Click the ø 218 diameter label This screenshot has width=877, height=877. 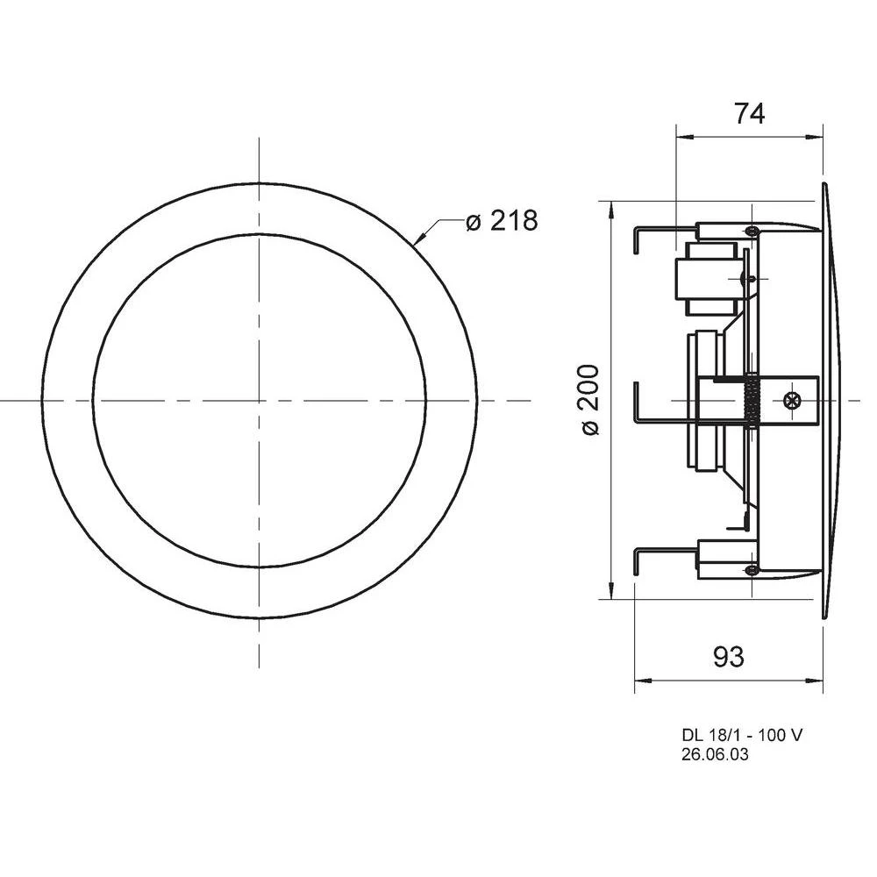502,221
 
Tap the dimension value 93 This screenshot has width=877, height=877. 728,656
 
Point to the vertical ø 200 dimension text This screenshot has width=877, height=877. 590,400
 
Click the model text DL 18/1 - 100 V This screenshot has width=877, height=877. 741,736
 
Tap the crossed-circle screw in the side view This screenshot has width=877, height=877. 792,400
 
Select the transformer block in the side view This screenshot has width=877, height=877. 706,279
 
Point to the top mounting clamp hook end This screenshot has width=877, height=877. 637,239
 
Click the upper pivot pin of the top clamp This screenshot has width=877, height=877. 752,230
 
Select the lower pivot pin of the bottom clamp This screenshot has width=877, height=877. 752,570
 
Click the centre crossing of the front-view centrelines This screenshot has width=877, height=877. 260,400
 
